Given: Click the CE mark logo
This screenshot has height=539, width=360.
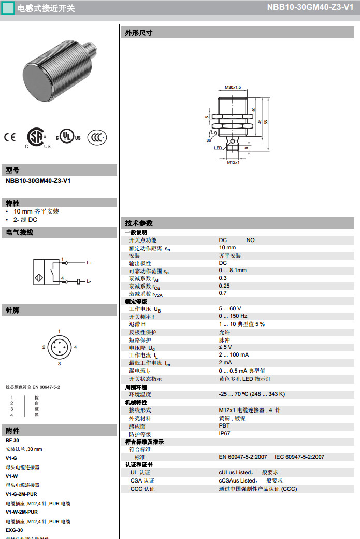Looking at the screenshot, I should click(10, 137).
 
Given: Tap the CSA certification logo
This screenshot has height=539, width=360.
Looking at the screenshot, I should click(36, 136).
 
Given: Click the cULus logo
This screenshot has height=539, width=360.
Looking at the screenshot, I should click(68, 136).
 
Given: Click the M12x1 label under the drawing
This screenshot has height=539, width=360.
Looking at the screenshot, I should click(233, 163).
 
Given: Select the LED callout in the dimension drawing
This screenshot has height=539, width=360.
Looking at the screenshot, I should click(218, 148).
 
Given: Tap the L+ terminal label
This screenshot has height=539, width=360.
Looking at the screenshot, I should click(89, 263).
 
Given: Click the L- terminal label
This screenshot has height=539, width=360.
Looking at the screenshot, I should click(89, 281).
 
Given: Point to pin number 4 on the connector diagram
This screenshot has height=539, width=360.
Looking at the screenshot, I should click(75, 347).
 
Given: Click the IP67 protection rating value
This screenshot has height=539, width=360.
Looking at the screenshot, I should click(225, 434).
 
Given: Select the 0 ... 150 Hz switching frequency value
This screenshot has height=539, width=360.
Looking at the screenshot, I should click(233, 316).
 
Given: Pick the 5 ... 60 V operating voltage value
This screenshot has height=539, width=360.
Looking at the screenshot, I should click(230, 308).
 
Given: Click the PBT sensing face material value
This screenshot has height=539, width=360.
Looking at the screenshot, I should click(224, 426).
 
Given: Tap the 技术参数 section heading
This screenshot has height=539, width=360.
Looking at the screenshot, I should click(139, 223).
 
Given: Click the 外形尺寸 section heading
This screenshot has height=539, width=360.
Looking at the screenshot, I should click(139, 33).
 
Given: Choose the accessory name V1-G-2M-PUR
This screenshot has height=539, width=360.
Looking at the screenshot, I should click(21, 494).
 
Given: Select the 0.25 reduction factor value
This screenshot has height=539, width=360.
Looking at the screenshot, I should click(224, 286).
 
